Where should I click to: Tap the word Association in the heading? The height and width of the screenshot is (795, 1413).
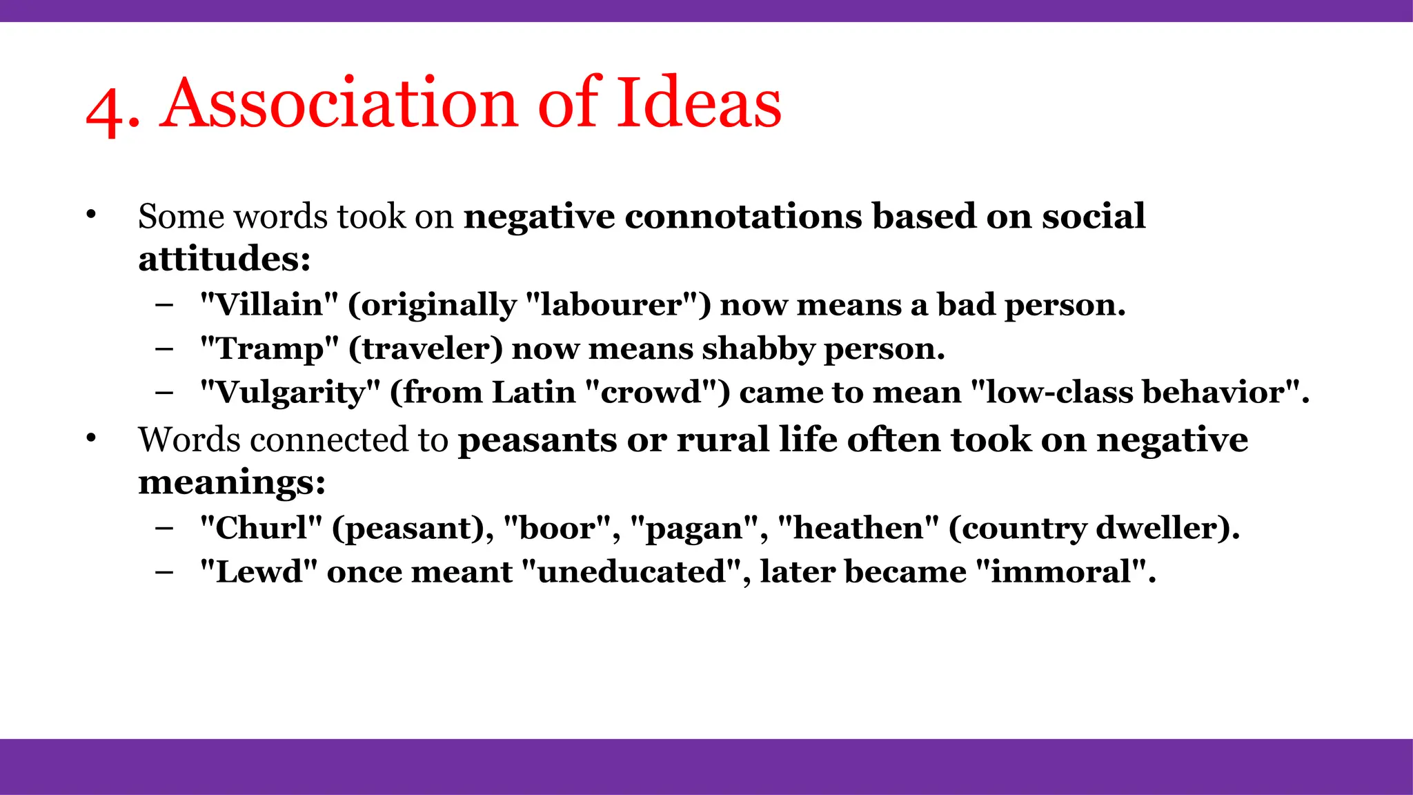(x=338, y=104)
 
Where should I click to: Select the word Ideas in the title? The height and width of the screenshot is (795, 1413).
(x=698, y=104)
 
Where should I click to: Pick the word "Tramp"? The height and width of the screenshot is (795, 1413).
(x=269, y=349)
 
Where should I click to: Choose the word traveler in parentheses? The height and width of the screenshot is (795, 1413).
(x=425, y=349)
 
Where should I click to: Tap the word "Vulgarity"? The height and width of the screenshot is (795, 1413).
(x=290, y=393)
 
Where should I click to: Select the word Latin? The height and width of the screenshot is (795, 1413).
(x=533, y=393)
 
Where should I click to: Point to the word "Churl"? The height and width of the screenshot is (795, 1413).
(x=261, y=528)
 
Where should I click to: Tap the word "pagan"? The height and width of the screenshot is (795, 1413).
(x=694, y=528)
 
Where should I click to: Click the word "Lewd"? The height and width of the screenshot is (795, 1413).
(x=259, y=572)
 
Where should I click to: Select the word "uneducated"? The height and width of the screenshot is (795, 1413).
(x=632, y=572)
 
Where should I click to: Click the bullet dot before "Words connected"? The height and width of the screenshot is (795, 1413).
(x=91, y=438)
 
